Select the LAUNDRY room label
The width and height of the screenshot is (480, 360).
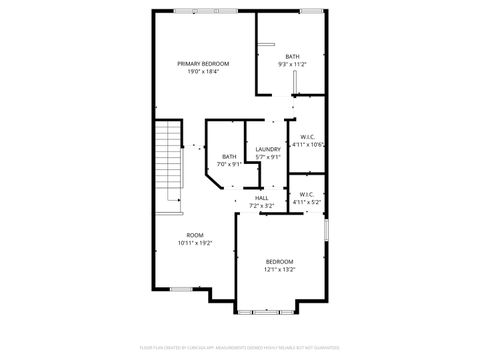[x=268, y=149]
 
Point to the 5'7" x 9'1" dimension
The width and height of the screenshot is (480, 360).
[x=268, y=157]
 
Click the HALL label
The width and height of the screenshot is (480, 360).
[x=261, y=198]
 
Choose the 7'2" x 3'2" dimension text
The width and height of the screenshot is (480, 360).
[x=261, y=206]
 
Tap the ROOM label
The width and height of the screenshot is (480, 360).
[x=195, y=235]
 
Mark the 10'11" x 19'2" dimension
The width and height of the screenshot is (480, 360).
[x=195, y=243]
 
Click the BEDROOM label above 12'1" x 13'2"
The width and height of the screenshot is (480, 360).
[x=279, y=261]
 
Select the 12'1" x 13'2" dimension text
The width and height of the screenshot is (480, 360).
[x=279, y=269]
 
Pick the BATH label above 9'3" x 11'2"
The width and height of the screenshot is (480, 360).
[x=292, y=56]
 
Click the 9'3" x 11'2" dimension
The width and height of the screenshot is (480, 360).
[x=292, y=64]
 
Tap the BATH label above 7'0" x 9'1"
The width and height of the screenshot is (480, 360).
[x=230, y=156]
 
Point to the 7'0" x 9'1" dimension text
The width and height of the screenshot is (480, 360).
[x=230, y=164]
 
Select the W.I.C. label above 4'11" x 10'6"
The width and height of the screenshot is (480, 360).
[x=308, y=137]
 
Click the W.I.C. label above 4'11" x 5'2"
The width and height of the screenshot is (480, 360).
[x=306, y=194]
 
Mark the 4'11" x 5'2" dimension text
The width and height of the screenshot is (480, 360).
[x=306, y=202]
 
